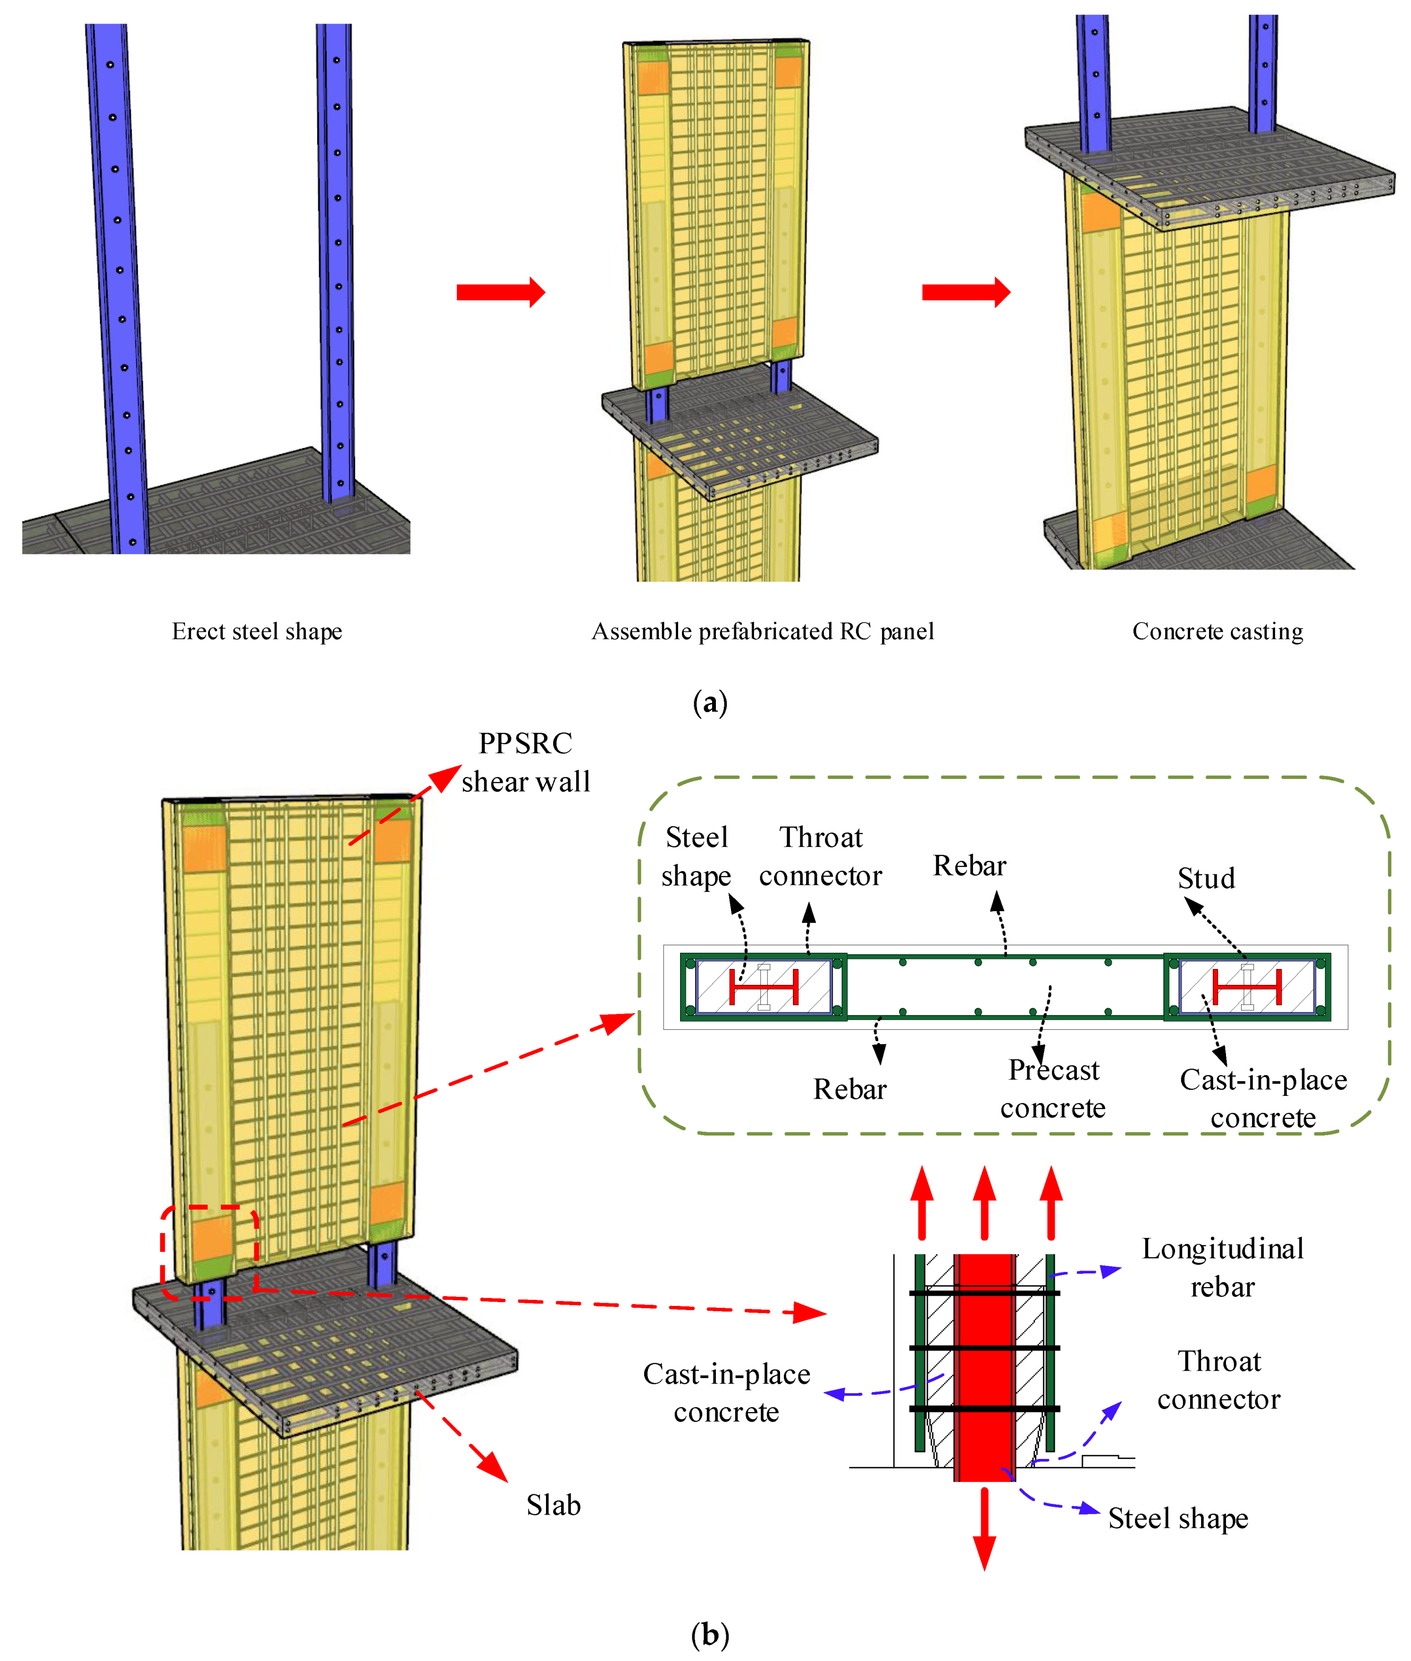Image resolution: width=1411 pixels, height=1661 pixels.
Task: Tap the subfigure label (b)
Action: (709, 1635)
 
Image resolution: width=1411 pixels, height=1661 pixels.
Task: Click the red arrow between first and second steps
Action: (501, 292)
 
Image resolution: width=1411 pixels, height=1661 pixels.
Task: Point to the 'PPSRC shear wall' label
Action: (526, 763)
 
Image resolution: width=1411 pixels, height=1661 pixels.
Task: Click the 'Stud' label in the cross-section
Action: (1206, 879)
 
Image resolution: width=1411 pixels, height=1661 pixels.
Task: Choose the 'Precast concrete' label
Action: (1053, 1089)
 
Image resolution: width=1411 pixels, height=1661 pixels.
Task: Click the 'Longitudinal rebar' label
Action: (1222, 1267)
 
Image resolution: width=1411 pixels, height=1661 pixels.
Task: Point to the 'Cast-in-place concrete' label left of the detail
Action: (726, 1393)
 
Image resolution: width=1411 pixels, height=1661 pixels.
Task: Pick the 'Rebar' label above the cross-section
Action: (969, 866)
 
